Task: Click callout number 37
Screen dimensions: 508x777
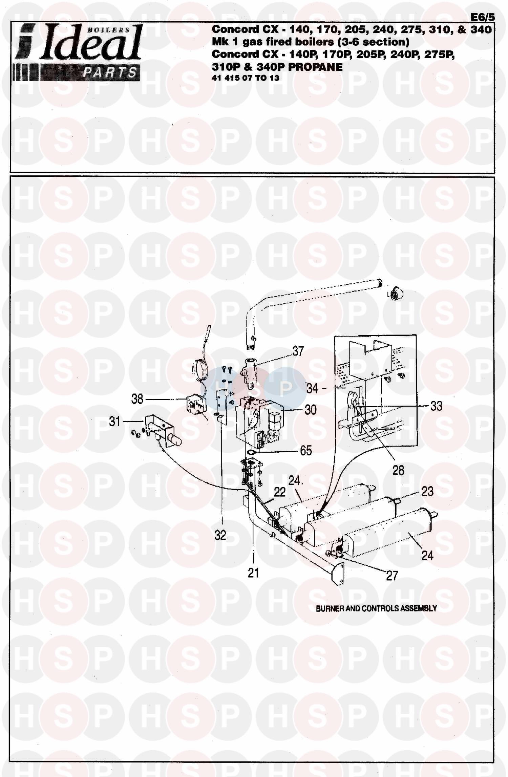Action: click(x=298, y=351)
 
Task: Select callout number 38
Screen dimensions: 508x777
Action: click(x=137, y=399)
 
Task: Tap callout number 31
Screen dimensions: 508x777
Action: click(x=115, y=422)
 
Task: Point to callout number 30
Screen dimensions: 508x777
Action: click(x=310, y=410)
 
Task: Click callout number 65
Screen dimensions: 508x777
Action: click(x=306, y=451)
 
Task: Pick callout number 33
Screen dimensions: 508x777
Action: click(x=436, y=406)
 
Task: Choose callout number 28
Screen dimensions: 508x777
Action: click(x=398, y=470)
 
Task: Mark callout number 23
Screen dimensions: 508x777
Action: click(x=427, y=492)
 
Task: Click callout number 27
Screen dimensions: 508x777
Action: click(x=392, y=576)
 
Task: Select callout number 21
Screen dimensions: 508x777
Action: click(x=253, y=573)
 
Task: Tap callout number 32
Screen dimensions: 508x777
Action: click(x=220, y=535)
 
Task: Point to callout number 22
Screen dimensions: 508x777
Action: click(x=280, y=492)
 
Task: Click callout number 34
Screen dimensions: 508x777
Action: click(x=312, y=388)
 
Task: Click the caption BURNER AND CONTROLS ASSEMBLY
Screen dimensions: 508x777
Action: click(x=376, y=608)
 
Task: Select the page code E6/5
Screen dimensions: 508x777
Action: click(x=483, y=17)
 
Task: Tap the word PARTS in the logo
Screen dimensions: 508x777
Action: click(x=110, y=72)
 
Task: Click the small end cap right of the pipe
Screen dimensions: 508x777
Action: click(x=395, y=294)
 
